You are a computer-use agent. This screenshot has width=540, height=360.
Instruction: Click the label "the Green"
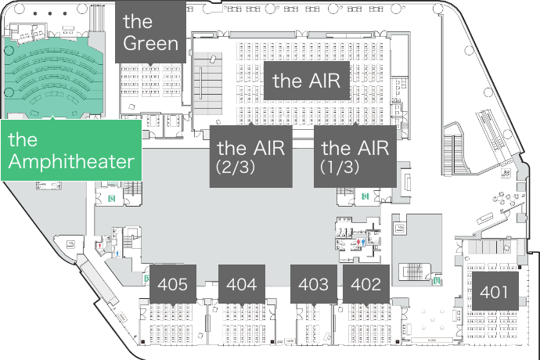point(151,31)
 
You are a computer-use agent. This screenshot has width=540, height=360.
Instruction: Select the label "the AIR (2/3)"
point(250,156)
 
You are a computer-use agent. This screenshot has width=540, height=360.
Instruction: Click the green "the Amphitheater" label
point(71,151)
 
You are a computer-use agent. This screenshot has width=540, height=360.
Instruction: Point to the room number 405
point(172,284)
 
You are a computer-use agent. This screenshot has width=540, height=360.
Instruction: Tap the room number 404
point(241,284)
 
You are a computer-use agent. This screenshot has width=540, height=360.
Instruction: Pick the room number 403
point(314,284)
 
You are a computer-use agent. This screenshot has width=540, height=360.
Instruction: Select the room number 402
point(366,284)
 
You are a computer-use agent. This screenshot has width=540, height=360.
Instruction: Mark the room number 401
point(495,293)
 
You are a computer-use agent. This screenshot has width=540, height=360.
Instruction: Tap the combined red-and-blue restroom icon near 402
point(360,243)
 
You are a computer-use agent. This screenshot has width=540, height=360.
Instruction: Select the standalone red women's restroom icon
point(100,246)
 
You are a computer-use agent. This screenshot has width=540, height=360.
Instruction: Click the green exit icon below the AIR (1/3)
point(365,194)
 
